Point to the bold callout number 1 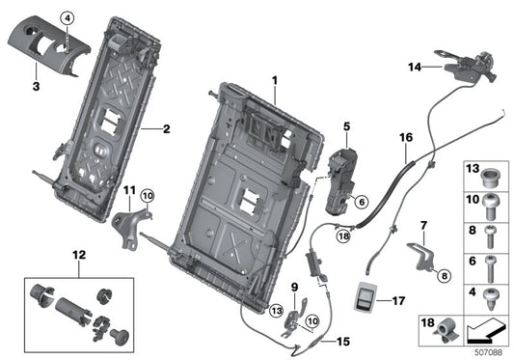(x=273, y=79)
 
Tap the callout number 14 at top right (x=415, y=67)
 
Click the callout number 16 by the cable (x=404, y=139)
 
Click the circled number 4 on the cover (x=68, y=18)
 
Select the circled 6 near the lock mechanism (x=361, y=202)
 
